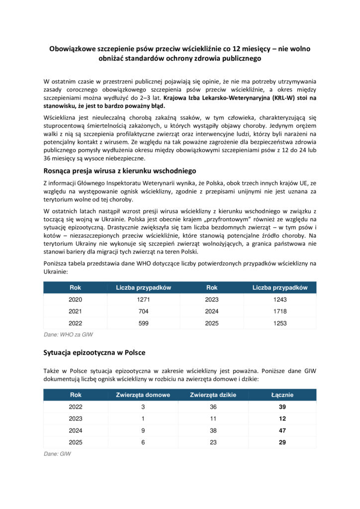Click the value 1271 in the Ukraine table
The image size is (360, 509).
[x=143, y=300]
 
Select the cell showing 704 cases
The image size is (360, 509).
[x=143, y=311]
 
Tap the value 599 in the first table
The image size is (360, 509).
[x=143, y=322]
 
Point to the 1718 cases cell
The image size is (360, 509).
[x=280, y=311]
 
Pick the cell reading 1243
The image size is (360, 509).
[x=280, y=300]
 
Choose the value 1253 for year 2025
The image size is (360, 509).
[x=280, y=322]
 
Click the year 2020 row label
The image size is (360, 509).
[x=75, y=300]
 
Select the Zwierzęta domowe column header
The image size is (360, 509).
[x=143, y=395]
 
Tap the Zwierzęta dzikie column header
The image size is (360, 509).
[x=213, y=395]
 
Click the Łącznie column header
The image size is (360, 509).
[x=282, y=395]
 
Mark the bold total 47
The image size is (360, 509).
[x=282, y=430]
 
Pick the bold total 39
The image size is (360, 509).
[x=282, y=407]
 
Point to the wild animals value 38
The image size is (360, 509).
[x=213, y=430]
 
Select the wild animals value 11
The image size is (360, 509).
[x=213, y=419]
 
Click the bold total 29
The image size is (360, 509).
[x=282, y=442]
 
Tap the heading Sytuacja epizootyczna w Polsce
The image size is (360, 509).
[x=94, y=352]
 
